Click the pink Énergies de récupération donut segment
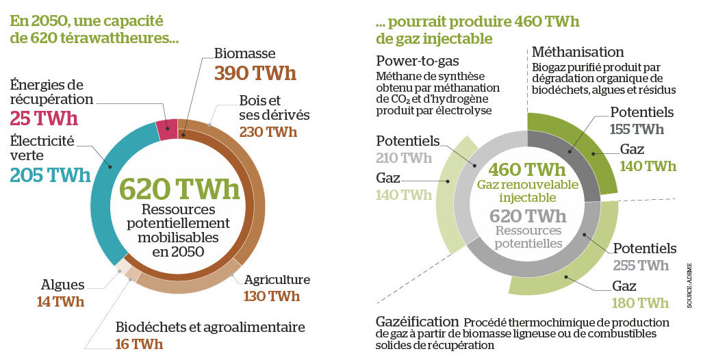tap(167, 129)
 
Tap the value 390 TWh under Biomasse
tap(255, 74)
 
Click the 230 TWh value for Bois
tap(268, 132)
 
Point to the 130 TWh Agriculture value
tap(272, 296)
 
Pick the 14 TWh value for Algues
tap(61, 302)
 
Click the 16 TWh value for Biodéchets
tap(139, 344)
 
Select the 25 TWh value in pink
tap(44, 118)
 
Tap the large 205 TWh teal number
tap(50, 175)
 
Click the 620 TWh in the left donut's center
tap(179, 189)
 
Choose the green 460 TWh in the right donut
tap(527, 170)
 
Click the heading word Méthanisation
tap(578, 51)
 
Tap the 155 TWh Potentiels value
tap(637, 129)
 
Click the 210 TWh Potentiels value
tap(404, 158)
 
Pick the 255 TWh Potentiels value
tap(641, 266)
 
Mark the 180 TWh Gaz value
tap(640, 303)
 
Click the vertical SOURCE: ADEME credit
tap(689, 285)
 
